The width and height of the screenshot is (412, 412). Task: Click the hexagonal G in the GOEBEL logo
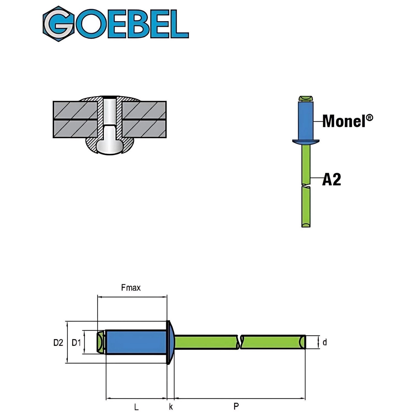59,24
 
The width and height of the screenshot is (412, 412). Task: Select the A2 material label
332,180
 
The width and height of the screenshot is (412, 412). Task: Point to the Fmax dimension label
131,288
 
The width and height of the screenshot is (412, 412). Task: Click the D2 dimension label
58,343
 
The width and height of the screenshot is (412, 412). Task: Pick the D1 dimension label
76,343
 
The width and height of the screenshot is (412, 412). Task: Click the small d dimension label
325,343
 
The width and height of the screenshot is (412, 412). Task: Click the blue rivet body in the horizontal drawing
136,342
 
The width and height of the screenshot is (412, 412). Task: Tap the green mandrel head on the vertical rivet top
306,98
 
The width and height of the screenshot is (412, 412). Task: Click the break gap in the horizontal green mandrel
239,342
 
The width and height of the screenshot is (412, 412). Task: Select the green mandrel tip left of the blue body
101,342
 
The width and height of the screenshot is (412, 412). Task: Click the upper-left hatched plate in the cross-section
75,110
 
